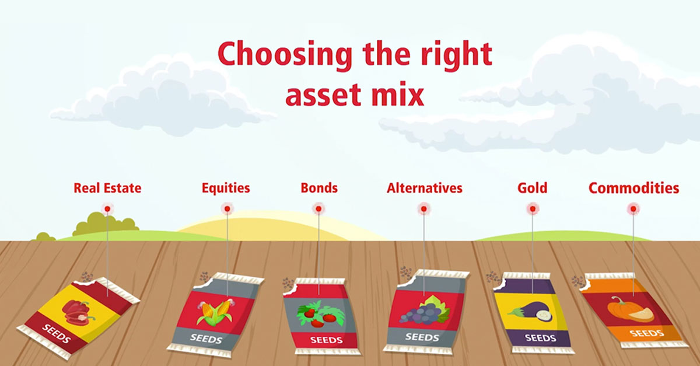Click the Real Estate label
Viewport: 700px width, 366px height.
tap(107, 188)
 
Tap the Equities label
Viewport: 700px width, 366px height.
tap(226, 189)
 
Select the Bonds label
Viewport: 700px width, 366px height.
tap(319, 188)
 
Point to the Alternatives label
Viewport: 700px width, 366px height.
tap(425, 188)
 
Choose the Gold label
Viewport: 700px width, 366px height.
tap(533, 188)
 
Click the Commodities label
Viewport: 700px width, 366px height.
tap(633, 188)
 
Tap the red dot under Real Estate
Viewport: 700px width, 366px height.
tap(107, 208)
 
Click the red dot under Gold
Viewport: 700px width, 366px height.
tap(533, 208)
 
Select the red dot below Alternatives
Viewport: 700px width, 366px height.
tap(423, 208)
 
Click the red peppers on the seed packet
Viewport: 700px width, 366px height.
tap(78, 312)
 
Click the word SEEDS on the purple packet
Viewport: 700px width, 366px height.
tap(540, 338)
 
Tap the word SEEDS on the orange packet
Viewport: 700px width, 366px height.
tap(646, 333)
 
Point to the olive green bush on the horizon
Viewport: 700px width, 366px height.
tap(106, 224)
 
